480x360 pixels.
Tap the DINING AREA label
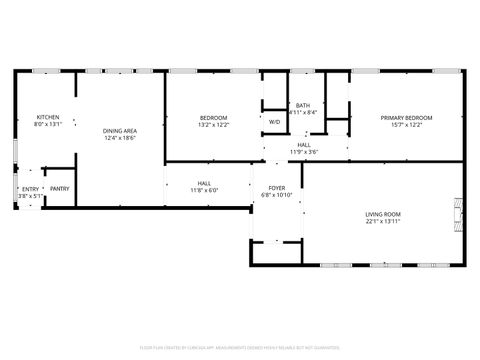tap(120, 132)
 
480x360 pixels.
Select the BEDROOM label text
tap(213, 118)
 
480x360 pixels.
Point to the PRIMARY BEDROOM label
tap(401, 118)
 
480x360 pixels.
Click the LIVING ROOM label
tap(382, 214)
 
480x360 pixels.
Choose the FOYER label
tap(276, 188)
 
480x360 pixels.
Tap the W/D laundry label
tap(274, 122)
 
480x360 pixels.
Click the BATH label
tap(302, 106)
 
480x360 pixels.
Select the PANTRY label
tap(60, 188)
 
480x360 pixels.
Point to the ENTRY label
tap(31, 188)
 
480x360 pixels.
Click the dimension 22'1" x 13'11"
tap(382, 221)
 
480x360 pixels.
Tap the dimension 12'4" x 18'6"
tap(120, 139)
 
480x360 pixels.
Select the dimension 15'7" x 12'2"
tap(401, 125)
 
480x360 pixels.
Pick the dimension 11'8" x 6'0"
tap(204, 190)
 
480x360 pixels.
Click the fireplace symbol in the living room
tap(459, 213)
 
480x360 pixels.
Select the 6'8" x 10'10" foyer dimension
tap(276, 195)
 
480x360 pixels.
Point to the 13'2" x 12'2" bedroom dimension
tap(213, 125)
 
